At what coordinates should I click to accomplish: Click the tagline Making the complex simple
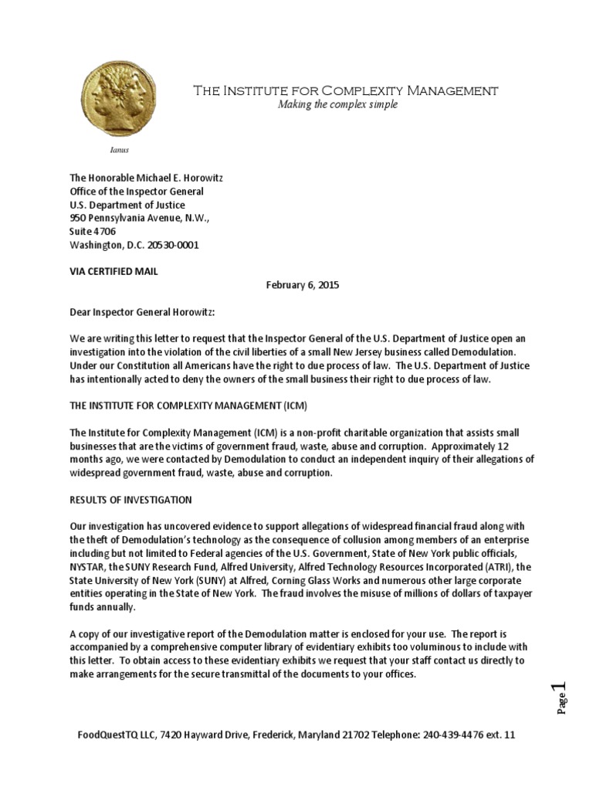tap(337, 105)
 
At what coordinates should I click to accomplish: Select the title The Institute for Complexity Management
tap(345, 90)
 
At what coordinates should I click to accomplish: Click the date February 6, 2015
tap(303, 285)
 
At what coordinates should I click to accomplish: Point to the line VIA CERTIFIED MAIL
tap(114, 271)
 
